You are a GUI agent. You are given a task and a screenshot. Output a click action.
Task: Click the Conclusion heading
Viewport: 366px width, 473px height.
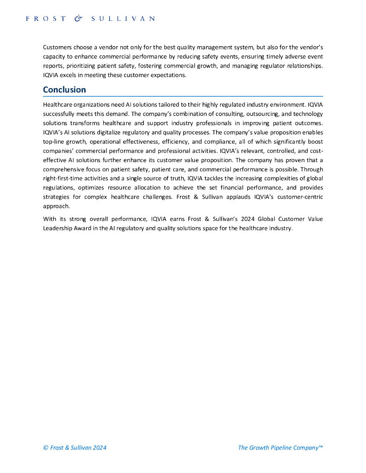tap(64, 90)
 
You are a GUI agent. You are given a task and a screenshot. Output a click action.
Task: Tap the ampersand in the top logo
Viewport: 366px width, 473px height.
tap(78, 18)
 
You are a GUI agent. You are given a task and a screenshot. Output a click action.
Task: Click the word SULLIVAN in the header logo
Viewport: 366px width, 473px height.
tap(123, 18)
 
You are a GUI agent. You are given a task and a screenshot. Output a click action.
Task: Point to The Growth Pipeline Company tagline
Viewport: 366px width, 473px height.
tap(280, 448)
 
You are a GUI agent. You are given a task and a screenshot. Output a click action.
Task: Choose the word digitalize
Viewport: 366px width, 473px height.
tap(104, 132)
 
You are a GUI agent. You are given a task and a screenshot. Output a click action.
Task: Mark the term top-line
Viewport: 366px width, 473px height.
tap(54, 141)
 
